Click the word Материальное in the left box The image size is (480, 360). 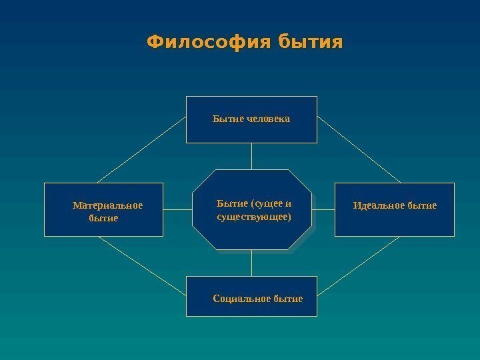[107, 205]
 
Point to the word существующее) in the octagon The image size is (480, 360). [254, 217]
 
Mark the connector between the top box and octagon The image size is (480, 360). [252, 156]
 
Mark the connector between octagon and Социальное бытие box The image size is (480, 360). [252, 262]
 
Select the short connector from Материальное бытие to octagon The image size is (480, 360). [177, 209]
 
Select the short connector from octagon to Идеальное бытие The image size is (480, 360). [323, 209]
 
